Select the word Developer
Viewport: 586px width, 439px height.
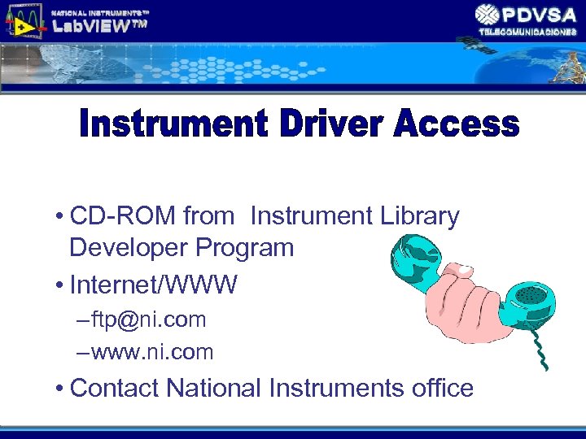[128, 247]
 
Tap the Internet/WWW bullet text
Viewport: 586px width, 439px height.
[154, 285]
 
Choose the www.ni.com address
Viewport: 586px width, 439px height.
[152, 352]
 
